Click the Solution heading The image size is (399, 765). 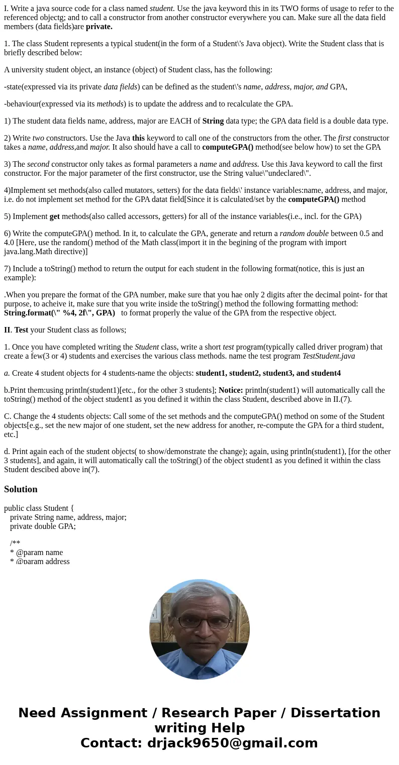(x=21, y=489)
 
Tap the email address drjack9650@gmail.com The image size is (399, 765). (x=232, y=743)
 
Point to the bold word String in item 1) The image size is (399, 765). (x=213, y=121)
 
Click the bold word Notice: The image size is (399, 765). (x=231, y=390)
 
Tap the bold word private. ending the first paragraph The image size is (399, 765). (x=99, y=27)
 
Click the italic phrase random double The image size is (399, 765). (x=304, y=234)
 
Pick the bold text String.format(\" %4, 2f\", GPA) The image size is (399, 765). (x=59, y=313)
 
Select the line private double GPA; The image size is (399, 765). (x=43, y=526)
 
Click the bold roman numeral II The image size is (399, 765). (x=7, y=330)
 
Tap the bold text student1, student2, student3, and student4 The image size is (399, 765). (x=268, y=373)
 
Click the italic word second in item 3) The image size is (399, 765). (x=38, y=164)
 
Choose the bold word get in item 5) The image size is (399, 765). (x=54, y=216)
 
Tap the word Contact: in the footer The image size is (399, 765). (x=112, y=743)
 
